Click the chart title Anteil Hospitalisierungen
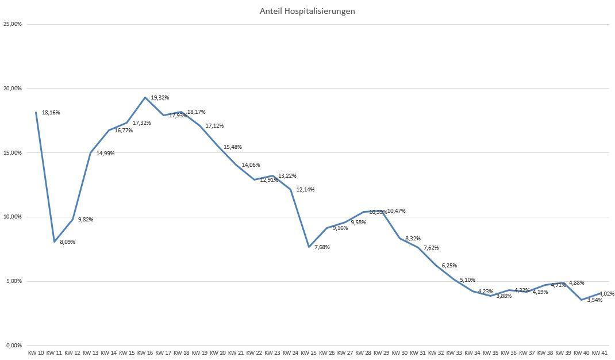(x=307, y=11)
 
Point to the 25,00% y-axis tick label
(x=13, y=24)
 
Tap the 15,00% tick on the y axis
(x=13, y=153)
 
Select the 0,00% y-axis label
(x=14, y=346)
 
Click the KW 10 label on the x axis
(x=36, y=353)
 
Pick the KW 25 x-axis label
(x=309, y=353)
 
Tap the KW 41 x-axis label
(x=599, y=353)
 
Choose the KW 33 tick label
(x=454, y=353)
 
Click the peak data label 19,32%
(x=160, y=98)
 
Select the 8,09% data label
(x=67, y=242)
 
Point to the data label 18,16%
(x=51, y=113)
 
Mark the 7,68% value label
(x=322, y=247)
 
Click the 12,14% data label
(x=305, y=190)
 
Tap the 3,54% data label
(x=594, y=300)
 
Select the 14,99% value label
(x=105, y=154)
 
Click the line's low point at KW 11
(x=54, y=242)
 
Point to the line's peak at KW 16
(x=145, y=97)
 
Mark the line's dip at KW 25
(x=309, y=247)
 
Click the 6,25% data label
(x=449, y=266)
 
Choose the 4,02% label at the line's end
(x=606, y=294)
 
